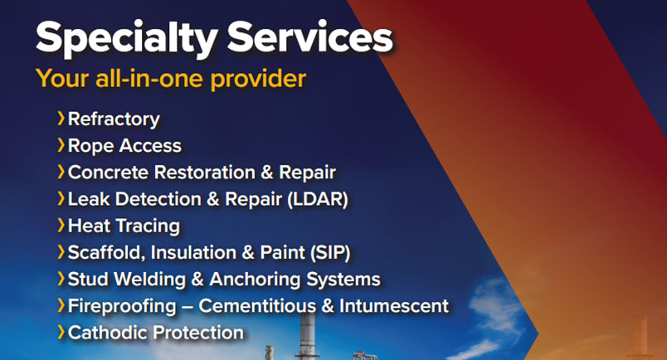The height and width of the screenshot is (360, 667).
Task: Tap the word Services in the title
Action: pyautogui.click(x=309, y=36)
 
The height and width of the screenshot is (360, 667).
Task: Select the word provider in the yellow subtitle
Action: pyautogui.click(x=258, y=79)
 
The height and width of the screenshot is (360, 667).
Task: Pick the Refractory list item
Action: pyautogui.click(x=114, y=119)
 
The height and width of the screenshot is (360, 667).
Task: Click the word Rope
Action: pyautogui.click(x=90, y=146)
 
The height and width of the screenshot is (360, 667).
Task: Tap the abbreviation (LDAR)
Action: pyautogui.click(x=318, y=199)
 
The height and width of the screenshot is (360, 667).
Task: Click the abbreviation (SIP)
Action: pyautogui.click(x=329, y=252)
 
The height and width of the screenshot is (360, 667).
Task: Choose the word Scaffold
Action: pyautogui.click(x=106, y=252)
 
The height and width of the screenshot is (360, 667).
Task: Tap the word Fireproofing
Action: pyautogui.click(x=122, y=306)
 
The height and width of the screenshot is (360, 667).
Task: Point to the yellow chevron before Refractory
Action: pyautogui.click(x=61, y=119)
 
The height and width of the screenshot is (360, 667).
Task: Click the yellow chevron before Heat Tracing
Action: pyautogui.click(x=61, y=226)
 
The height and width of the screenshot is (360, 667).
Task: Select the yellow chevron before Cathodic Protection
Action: pyautogui.click(x=61, y=333)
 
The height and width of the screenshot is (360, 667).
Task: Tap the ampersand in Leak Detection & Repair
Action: pyautogui.click(x=212, y=199)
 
